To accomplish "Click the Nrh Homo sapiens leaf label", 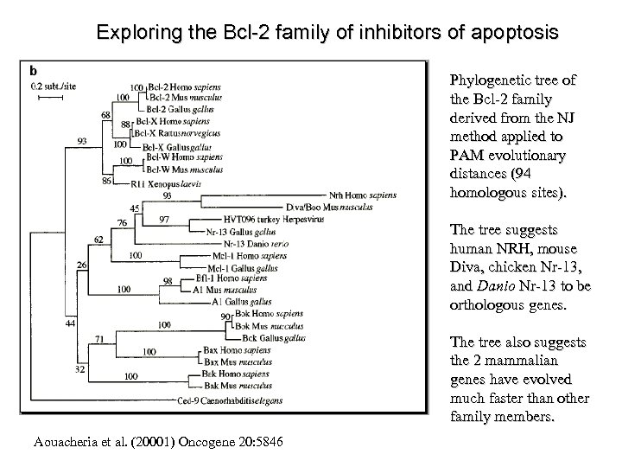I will [x=362, y=195].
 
